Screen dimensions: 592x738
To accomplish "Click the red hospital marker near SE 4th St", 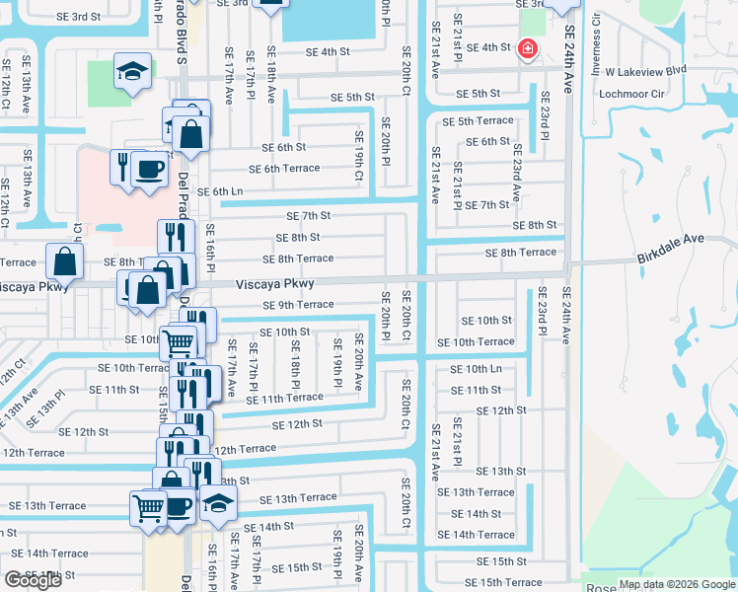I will pyautogui.click(x=528, y=48).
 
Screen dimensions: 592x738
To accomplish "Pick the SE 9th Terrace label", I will pyautogui.click(x=298, y=305).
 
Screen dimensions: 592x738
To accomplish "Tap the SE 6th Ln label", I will pyautogui.click(x=220, y=191).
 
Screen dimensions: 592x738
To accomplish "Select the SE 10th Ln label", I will pyautogui.click(x=477, y=369).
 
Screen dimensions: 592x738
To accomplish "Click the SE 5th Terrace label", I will pyautogui.click(x=479, y=121).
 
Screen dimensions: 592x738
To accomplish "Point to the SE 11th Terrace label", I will pyautogui.click(x=291, y=398).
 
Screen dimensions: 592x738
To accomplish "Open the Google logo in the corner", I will pyautogui.click(x=33, y=579).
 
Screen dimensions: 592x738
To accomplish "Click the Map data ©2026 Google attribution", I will pyautogui.click(x=677, y=584).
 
